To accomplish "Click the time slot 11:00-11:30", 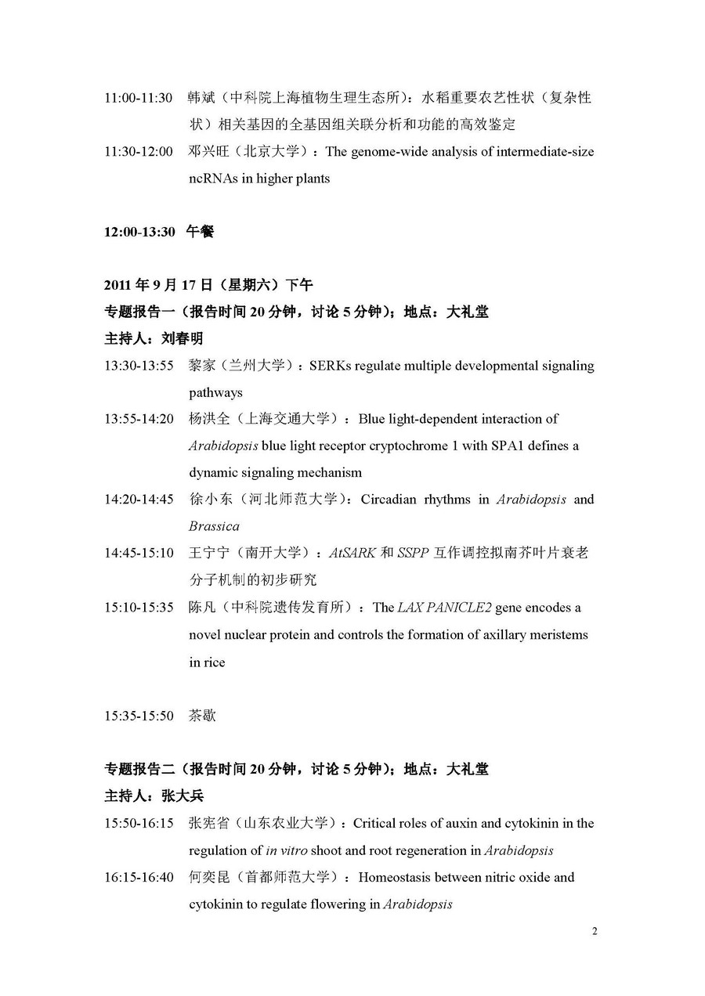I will (x=139, y=98).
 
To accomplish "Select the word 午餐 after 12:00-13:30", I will (x=200, y=232).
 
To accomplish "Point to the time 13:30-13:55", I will (x=139, y=366).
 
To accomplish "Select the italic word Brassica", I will (x=214, y=526).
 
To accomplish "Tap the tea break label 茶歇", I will (x=202, y=716).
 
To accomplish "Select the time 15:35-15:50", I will (x=139, y=716).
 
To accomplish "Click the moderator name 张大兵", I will (x=183, y=796).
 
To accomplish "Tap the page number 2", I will (x=595, y=931).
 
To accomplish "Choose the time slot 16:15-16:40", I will (x=139, y=878).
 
